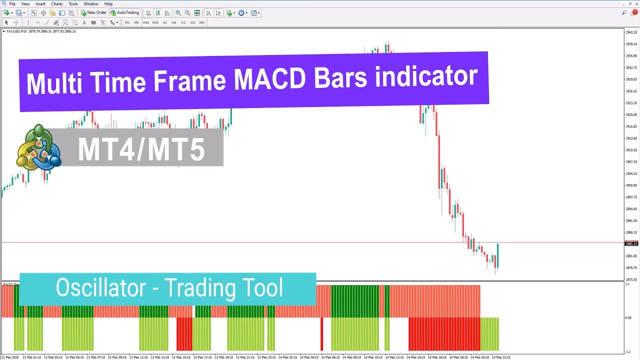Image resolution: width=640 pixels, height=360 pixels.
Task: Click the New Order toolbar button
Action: click(x=94, y=12)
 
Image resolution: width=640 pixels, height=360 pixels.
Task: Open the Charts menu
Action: click(x=57, y=4)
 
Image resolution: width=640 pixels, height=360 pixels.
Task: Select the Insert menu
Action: click(x=40, y=4)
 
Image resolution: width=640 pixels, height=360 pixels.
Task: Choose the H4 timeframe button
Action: click(x=174, y=22)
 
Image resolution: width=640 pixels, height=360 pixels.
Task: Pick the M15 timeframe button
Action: click(x=146, y=22)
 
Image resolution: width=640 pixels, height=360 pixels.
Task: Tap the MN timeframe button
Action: click(x=202, y=22)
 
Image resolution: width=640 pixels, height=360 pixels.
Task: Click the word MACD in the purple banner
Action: click(x=269, y=80)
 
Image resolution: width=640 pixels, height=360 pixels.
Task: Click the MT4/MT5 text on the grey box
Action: click(x=141, y=149)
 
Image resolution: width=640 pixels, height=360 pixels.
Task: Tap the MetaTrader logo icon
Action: click(x=38, y=148)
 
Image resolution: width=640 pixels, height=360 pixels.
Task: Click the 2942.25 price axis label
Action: click(x=631, y=32)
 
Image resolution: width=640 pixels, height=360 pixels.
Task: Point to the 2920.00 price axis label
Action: click(x=631, y=114)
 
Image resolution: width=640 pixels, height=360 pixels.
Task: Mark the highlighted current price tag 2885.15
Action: click(x=631, y=244)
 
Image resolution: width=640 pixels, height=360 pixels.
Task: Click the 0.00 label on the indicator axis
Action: click(x=628, y=317)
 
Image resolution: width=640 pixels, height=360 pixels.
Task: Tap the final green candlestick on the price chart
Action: click(x=497, y=256)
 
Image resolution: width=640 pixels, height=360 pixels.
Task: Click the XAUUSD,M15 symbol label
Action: click(x=16, y=31)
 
